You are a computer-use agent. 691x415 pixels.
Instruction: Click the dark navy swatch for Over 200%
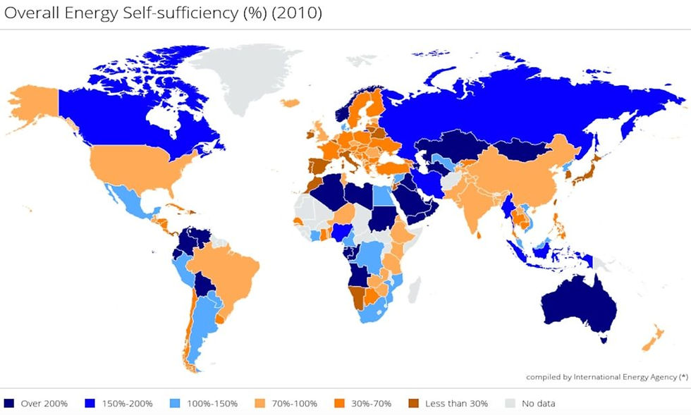[9, 404]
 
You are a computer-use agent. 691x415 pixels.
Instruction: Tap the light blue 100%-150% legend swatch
[176, 404]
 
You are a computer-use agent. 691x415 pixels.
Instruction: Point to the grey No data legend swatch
[511, 404]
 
